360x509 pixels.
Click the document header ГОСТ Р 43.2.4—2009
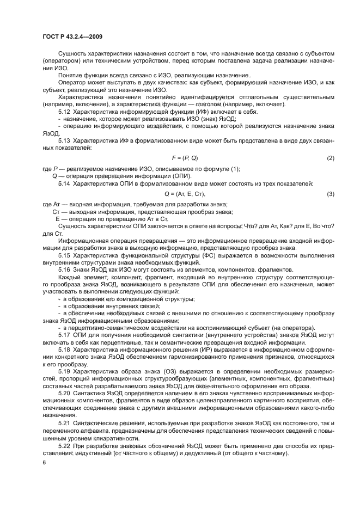pyautogui.click(x=72, y=36)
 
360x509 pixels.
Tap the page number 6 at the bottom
pyautogui.click(x=44, y=463)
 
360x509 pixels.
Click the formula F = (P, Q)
pyautogui.click(x=185, y=158)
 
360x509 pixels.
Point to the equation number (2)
pyautogui.click(x=330, y=158)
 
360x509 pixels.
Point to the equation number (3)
pyautogui.click(x=330, y=194)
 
